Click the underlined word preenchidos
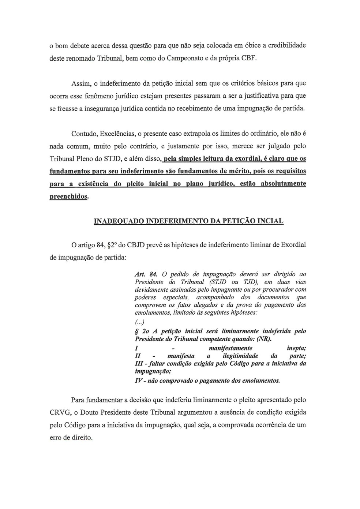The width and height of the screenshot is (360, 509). [x=68, y=197]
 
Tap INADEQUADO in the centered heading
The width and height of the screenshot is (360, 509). [x=119, y=221]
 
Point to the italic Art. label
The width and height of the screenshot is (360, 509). [x=141, y=274]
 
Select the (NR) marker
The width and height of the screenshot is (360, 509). [x=264, y=339]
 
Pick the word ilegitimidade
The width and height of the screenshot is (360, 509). [x=240, y=356]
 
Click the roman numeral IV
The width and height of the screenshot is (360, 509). [x=139, y=381]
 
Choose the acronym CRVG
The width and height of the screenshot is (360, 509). [x=59, y=412]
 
